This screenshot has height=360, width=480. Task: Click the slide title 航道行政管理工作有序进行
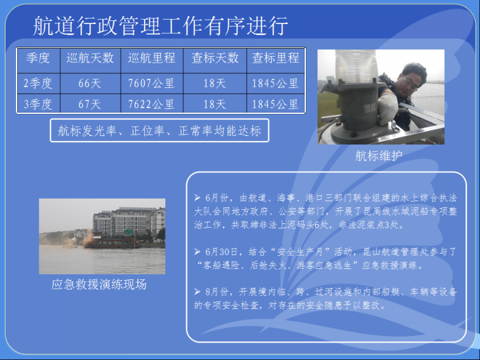click(x=161, y=26)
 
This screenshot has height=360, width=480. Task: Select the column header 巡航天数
click(x=90, y=58)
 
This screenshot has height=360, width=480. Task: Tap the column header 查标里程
click(x=275, y=58)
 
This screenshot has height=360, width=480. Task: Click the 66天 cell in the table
click(x=90, y=83)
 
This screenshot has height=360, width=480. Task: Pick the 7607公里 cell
click(x=151, y=83)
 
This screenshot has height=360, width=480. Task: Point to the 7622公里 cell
click(x=151, y=104)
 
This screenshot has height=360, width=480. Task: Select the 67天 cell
click(x=90, y=104)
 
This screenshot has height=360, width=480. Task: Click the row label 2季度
click(x=38, y=83)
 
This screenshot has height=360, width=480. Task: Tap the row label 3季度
click(x=38, y=104)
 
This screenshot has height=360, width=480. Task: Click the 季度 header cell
click(x=38, y=58)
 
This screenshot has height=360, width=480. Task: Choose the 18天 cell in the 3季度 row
click(x=215, y=104)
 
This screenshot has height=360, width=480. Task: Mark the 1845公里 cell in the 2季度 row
click(x=275, y=83)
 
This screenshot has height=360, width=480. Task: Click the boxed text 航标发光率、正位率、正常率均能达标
click(x=159, y=130)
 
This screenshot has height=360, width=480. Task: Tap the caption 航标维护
click(x=378, y=156)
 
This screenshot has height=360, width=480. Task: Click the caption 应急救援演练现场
click(x=99, y=284)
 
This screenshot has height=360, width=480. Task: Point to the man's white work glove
click(x=387, y=108)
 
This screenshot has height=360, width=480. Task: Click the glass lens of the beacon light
click(x=356, y=66)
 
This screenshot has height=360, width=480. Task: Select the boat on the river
click(x=112, y=240)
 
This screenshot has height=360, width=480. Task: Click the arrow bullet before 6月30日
click(x=198, y=252)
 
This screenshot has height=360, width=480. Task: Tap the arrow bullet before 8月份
click(x=198, y=292)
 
